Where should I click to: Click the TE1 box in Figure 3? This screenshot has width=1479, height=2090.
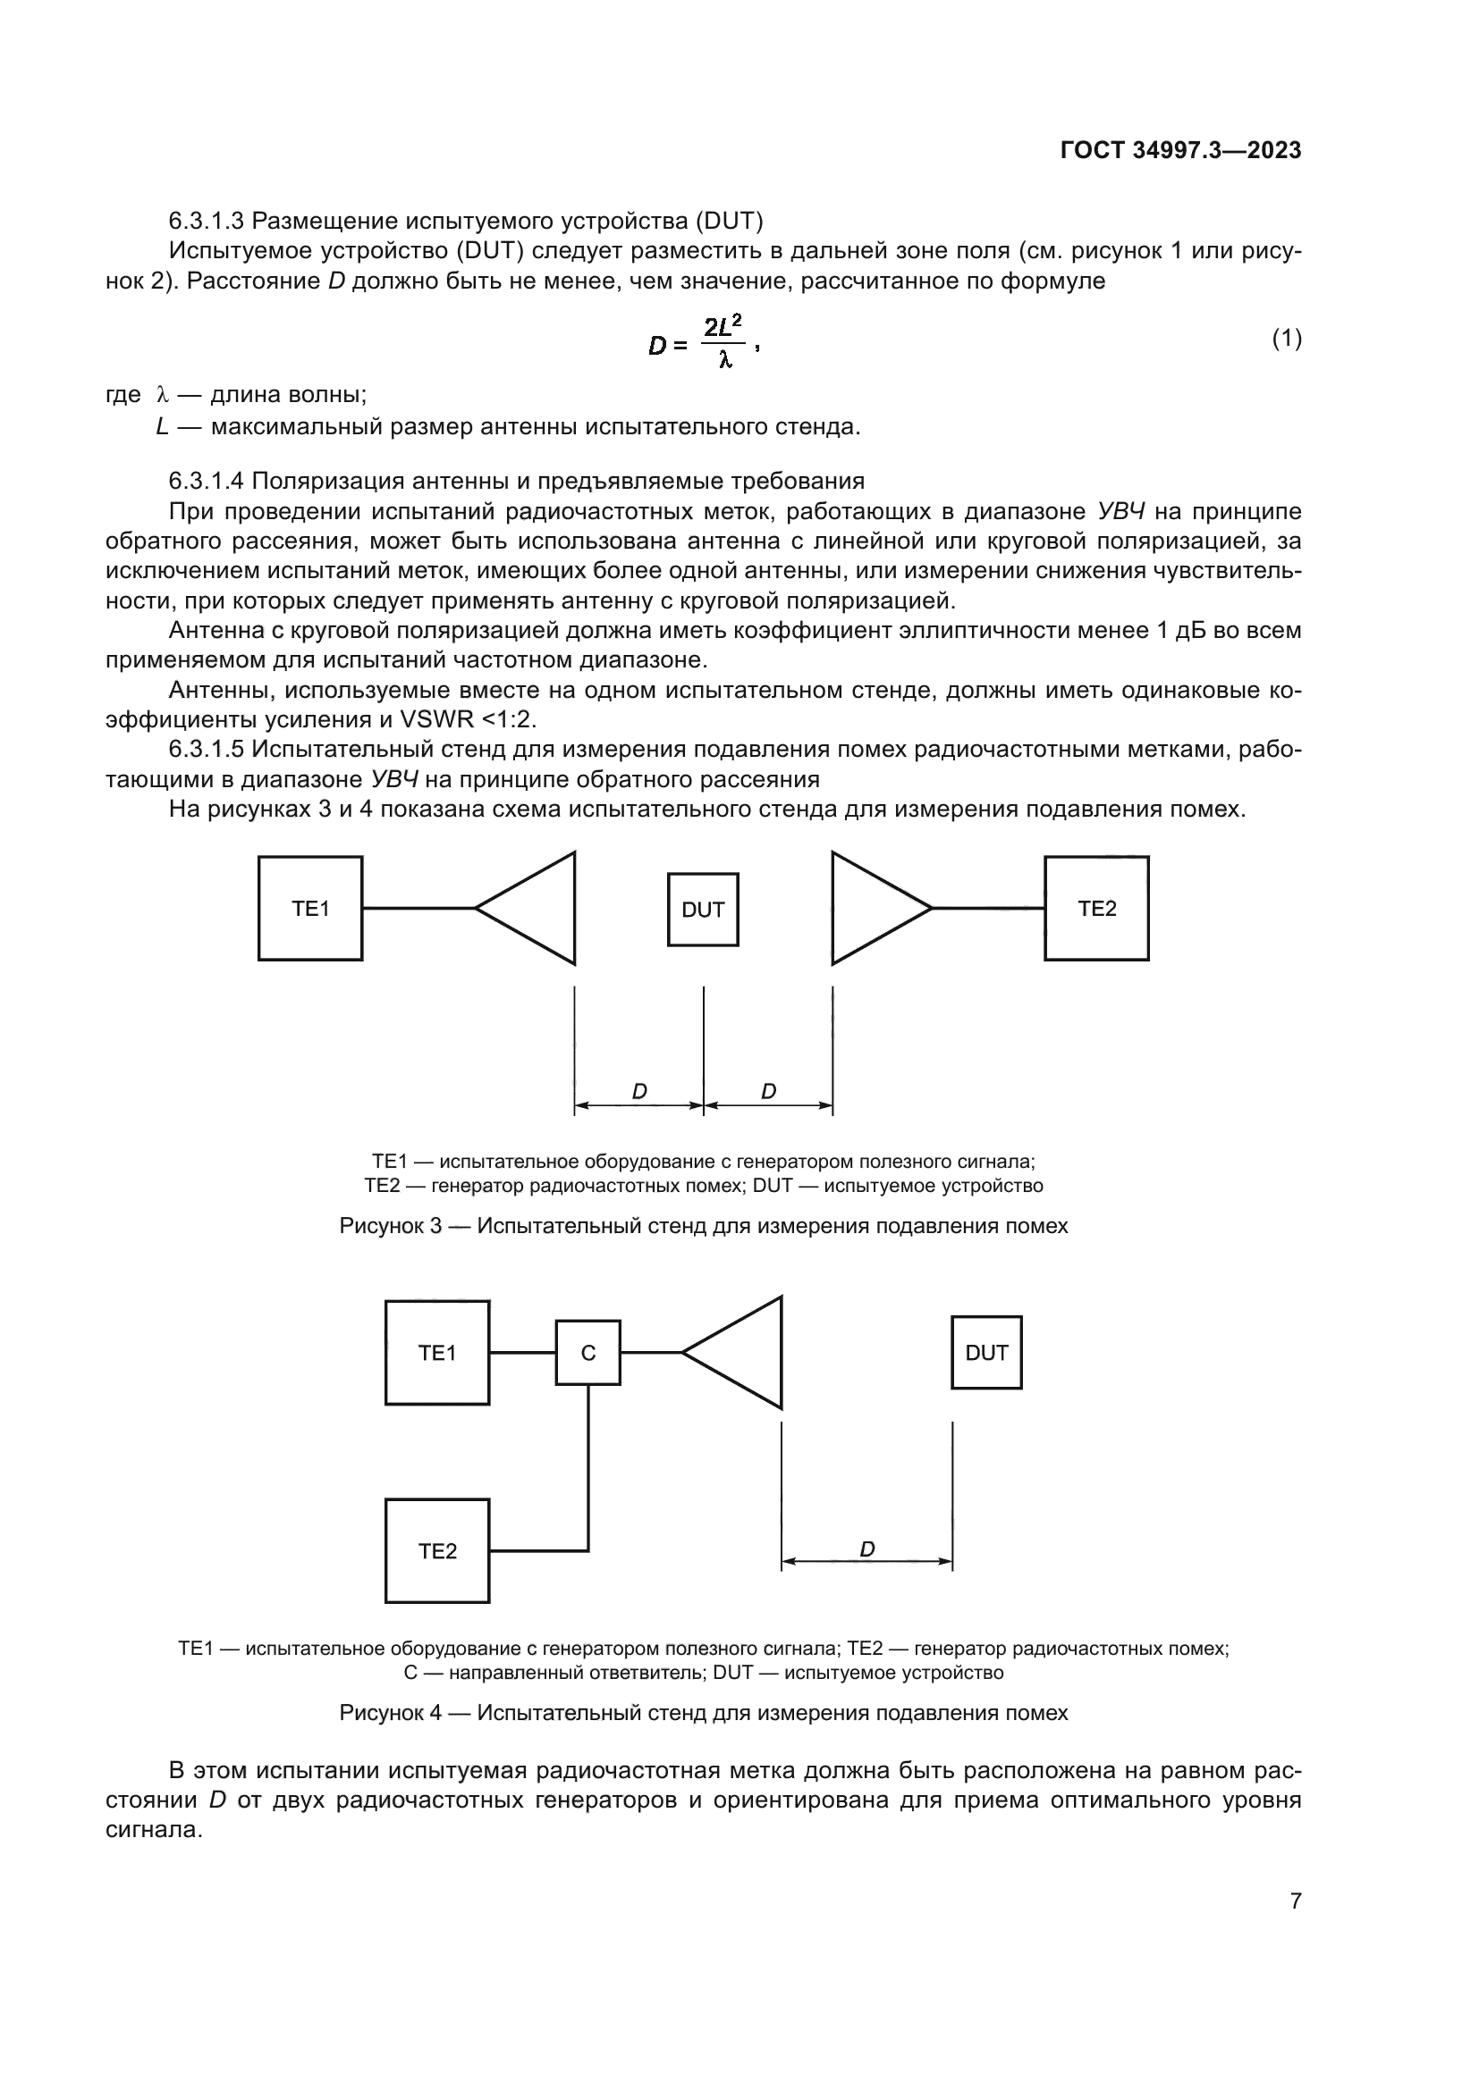(x=310, y=908)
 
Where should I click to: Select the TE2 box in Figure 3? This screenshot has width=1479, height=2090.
(x=1096, y=908)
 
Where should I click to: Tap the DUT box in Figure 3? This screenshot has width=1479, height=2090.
(x=703, y=910)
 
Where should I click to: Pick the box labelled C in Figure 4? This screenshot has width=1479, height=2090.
(x=588, y=1353)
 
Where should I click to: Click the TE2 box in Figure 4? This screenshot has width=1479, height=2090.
(x=437, y=1551)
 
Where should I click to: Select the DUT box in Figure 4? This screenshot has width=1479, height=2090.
(x=986, y=1353)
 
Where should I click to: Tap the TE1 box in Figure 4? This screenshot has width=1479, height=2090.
(x=437, y=1353)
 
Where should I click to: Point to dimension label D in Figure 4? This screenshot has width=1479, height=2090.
(x=867, y=1549)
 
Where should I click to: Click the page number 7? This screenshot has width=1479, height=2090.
(x=1296, y=1901)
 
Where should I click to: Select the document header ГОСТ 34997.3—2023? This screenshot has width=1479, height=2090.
(x=1180, y=151)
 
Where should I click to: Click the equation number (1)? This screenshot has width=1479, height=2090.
(x=1286, y=340)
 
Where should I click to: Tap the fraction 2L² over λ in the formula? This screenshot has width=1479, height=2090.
(x=724, y=343)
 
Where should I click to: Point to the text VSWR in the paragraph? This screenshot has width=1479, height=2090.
(x=438, y=719)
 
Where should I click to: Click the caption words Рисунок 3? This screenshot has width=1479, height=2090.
(x=391, y=1226)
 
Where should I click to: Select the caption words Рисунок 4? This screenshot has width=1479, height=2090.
(x=391, y=1712)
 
